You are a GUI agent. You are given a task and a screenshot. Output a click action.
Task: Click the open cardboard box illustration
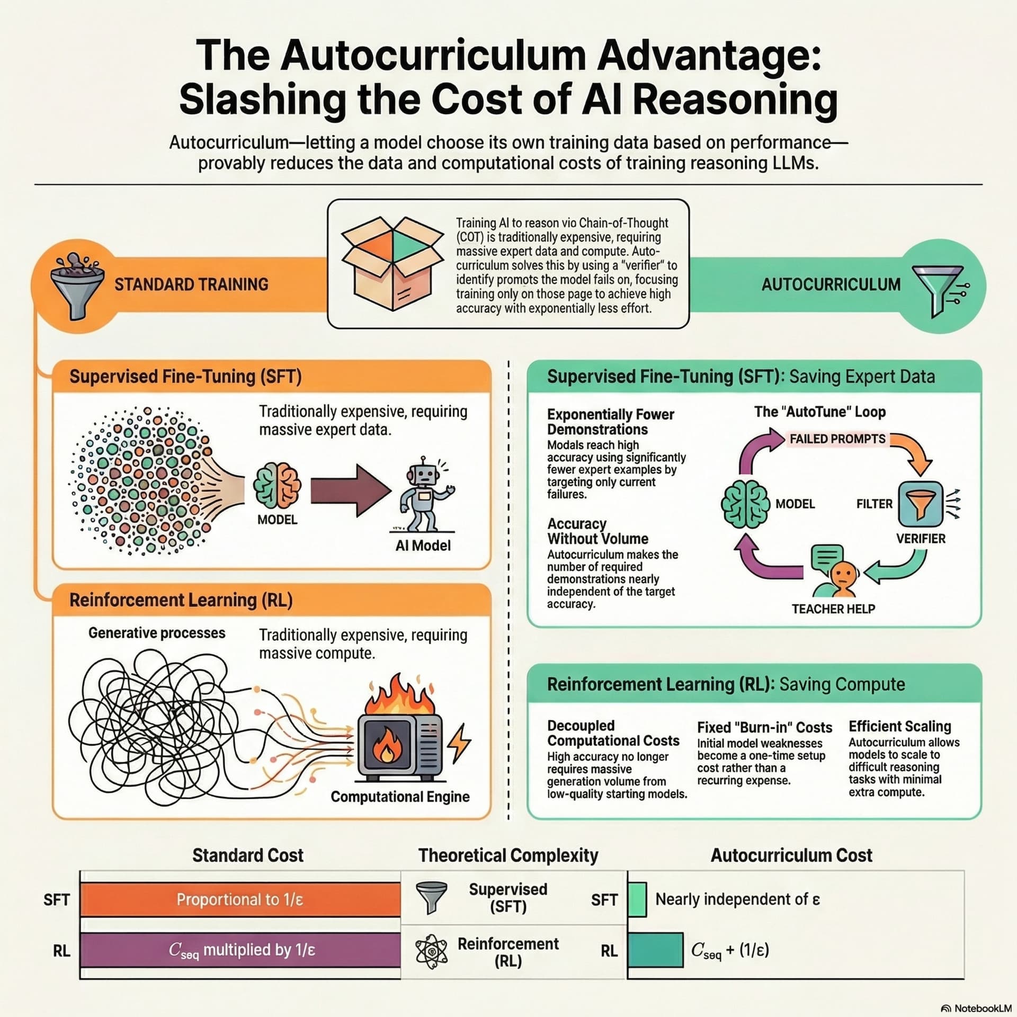(392, 263)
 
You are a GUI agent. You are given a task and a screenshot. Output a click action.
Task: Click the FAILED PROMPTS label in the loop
(837, 439)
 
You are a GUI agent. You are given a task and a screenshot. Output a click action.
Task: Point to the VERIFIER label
(921, 539)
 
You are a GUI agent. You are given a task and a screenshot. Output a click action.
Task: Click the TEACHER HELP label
(833, 609)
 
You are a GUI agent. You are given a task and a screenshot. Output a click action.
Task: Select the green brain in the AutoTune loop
(746, 504)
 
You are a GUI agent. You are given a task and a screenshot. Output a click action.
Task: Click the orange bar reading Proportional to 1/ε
(240, 899)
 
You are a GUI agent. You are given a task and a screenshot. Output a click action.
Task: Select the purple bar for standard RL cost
(240, 950)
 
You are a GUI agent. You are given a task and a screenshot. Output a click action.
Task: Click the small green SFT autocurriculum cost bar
(637, 899)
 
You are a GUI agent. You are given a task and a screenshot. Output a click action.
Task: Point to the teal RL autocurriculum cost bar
(655, 950)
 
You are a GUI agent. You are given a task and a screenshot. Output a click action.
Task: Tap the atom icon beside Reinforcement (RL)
(432, 951)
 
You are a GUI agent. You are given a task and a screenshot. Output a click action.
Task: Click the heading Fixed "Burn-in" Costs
(764, 727)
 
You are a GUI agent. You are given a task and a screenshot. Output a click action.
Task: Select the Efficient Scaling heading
(899, 726)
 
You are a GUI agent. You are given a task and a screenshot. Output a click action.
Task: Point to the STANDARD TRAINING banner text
(191, 284)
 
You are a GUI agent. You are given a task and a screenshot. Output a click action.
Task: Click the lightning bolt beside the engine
(459, 741)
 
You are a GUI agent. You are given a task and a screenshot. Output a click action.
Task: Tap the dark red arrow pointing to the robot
(351, 490)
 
